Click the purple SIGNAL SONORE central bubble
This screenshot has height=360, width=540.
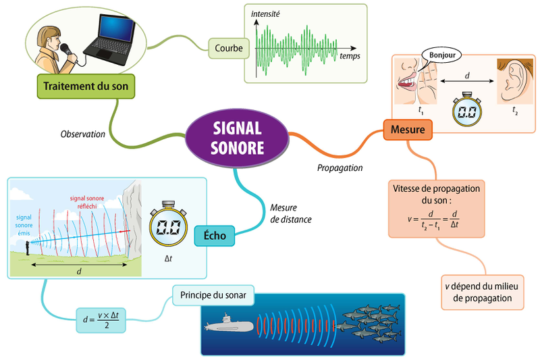(x=237, y=136)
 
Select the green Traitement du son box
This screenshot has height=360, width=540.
(x=85, y=86)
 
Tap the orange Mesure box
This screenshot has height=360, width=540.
(x=408, y=129)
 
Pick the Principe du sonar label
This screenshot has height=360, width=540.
(x=213, y=295)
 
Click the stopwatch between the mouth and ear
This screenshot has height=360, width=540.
(x=465, y=109)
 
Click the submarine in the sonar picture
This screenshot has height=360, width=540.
(x=230, y=326)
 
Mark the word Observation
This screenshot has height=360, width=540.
(x=82, y=134)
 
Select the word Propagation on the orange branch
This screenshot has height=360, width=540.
(x=340, y=167)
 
